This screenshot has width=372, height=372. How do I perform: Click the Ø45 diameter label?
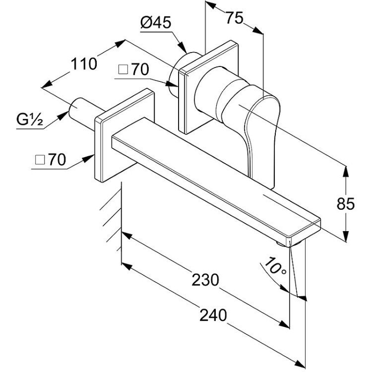point(156,23)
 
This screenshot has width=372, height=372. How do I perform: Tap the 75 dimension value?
point(235,18)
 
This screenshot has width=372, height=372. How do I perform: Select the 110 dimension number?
point(84,64)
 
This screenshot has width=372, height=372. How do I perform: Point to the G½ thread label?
point(30,120)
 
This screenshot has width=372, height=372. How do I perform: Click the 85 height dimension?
point(346,203)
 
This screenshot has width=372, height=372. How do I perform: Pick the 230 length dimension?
point(205,279)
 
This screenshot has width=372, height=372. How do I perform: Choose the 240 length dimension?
point(213,315)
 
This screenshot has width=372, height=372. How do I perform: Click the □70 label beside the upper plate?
point(133,69)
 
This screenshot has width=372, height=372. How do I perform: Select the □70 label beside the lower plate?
point(50,159)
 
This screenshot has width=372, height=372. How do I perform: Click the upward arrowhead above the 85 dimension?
point(346,172)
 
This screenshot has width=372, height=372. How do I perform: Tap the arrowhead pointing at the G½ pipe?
point(63,116)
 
